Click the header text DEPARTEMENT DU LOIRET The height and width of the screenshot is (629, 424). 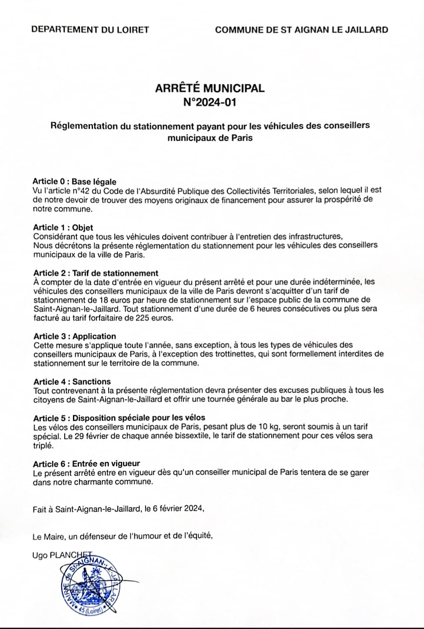pyautogui.click(x=90, y=30)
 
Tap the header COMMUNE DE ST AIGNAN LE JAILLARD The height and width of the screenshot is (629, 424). pyautogui.click(x=301, y=30)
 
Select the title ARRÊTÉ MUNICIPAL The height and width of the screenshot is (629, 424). pyautogui.click(x=210, y=88)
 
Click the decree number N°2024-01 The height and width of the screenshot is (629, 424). pyautogui.click(x=210, y=103)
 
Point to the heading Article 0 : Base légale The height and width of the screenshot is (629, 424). pyautogui.click(x=74, y=182)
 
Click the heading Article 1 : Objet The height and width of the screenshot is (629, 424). pyautogui.click(x=63, y=227)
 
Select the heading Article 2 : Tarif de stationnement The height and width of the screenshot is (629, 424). pyautogui.click(x=96, y=273)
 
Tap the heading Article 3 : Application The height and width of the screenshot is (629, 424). pyautogui.click(x=75, y=336)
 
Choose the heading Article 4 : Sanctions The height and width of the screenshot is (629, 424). pyautogui.click(x=72, y=382)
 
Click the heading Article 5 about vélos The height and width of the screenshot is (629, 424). pyautogui.click(x=119, y=418)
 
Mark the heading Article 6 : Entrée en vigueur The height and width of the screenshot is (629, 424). pyautogui.click(x=86, y=464)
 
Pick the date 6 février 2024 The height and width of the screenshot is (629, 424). pyautogui.click(x=177, y=509)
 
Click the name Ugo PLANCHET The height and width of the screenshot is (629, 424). pyautogui.click(x=62, y=555)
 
